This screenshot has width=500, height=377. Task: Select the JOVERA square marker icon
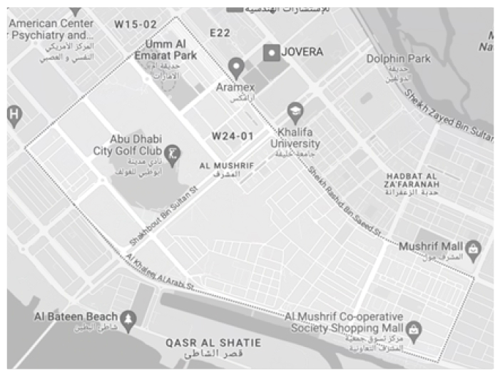tap(271, 52)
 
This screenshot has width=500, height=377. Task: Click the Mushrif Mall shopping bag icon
tap(474, 249)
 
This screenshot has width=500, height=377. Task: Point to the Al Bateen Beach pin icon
tap(128, 318)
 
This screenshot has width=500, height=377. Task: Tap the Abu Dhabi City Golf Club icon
tap(172, 153)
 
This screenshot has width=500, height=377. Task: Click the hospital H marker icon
tap(12, 114)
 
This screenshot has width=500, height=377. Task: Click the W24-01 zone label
tap(232, 135)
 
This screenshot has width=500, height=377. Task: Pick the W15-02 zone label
tap(135, 24)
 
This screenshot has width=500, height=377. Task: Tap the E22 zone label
tap(221, 33)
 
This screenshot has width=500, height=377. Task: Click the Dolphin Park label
tap(399, 59)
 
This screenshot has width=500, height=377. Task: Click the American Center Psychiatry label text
tap(51, 29)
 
